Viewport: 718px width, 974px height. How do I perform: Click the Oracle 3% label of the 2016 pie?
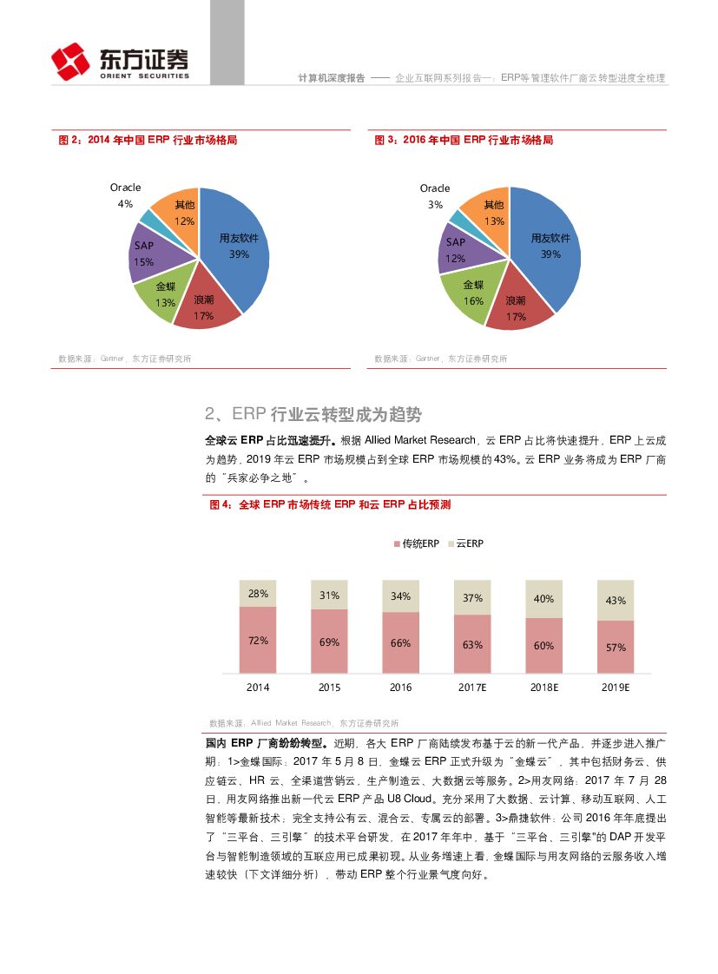435,196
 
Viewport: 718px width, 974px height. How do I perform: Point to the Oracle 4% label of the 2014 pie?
125,195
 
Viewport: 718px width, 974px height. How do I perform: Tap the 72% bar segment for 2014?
258,640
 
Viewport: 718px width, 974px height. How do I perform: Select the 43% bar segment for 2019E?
615,600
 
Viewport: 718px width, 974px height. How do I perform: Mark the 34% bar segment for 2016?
400,596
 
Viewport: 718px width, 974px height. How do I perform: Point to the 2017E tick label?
472,688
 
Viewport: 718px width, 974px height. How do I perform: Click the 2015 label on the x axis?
329,688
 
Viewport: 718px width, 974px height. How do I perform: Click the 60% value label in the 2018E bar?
543,645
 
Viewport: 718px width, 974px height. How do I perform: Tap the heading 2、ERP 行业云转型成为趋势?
314,413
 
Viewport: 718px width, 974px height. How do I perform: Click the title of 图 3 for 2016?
464,140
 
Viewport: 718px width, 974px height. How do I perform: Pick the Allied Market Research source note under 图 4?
304,722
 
